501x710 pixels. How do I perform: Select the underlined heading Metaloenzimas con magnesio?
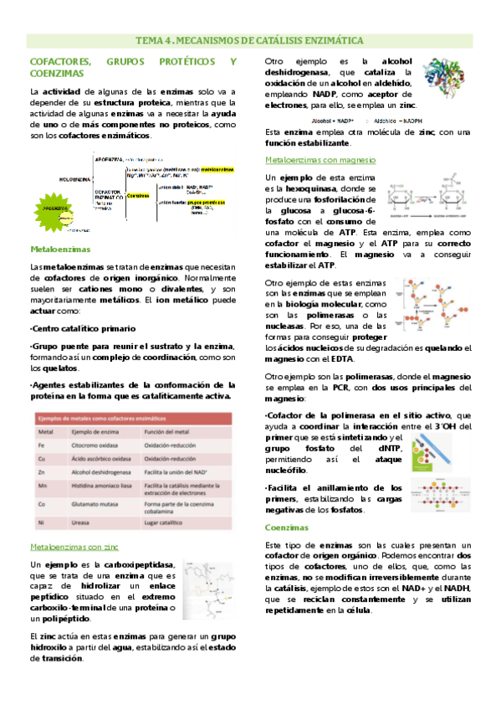click(320, 159)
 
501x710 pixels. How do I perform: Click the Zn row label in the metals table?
click(43, 474)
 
